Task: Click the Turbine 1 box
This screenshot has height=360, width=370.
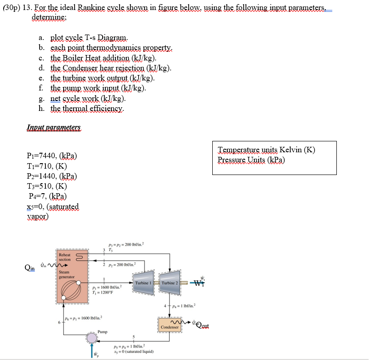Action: (144, 283)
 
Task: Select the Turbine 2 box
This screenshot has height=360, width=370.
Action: (170, 283)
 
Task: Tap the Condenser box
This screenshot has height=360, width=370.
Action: (170, 327)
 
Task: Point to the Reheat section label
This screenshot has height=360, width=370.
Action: (65, 257)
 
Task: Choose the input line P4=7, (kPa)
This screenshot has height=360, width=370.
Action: (47, 196)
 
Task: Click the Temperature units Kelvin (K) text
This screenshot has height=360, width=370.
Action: (266, 150)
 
